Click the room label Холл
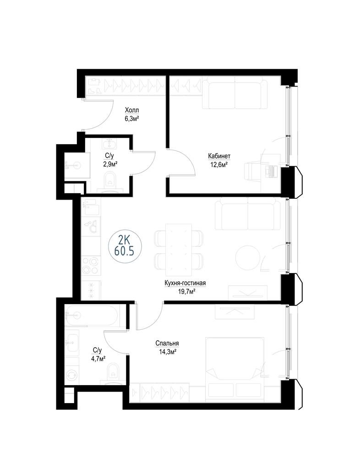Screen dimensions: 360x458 (132, 110)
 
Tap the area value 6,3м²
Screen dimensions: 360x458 (131, 119)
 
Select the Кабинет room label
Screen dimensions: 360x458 (219, 156)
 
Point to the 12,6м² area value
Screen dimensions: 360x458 (219, 165)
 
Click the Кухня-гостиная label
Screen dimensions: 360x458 (185, 283)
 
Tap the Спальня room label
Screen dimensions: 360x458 (167, 343)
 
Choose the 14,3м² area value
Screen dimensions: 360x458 (168, 352)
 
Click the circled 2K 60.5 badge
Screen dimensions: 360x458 (124, 246)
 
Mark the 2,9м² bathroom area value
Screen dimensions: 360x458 (110, 164)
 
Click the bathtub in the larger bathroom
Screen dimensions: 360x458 (92, 316)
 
